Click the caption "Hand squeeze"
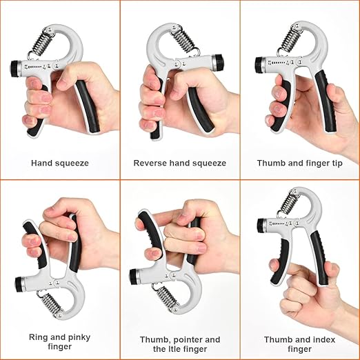[60, 163]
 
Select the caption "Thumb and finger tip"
[300, 163]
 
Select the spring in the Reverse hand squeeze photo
[183, 39]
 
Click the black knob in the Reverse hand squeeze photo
[219, 63]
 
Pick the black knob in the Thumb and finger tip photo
[259, 64]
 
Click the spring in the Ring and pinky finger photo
[50, 305]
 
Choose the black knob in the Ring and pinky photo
[19, 285]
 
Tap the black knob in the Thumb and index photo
[261, 225]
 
